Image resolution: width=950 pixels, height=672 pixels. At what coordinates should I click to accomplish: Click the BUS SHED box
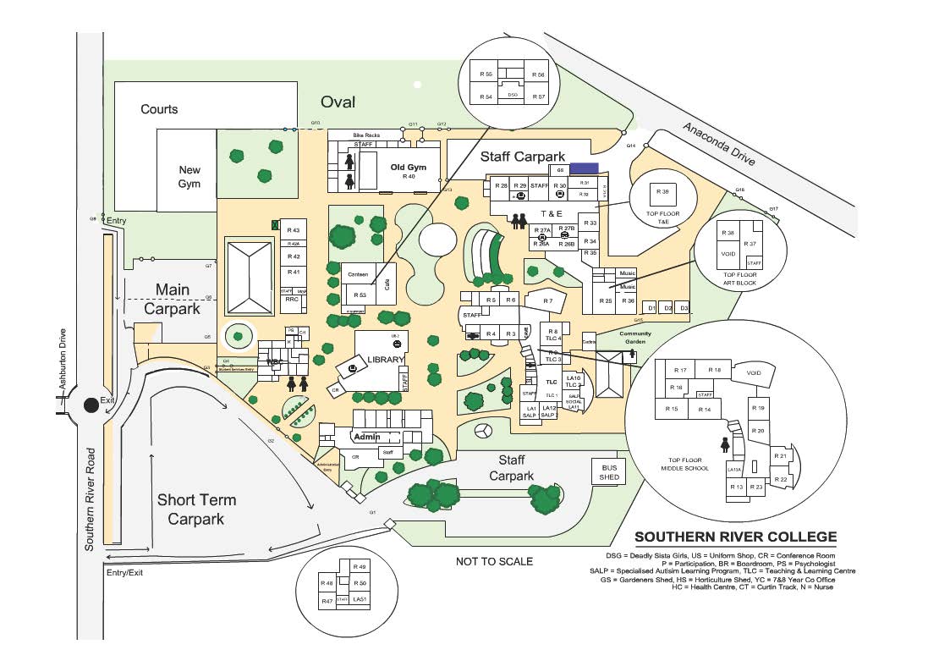[x=610, y=471]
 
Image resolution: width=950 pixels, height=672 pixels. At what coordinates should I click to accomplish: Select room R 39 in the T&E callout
[x=663, y=192]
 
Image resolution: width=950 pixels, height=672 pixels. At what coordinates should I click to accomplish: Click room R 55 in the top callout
[x=486, y=74]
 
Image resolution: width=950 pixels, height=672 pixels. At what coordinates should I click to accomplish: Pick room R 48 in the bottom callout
[x=327, y=583]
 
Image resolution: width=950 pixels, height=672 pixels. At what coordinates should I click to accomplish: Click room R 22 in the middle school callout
[x=782, y=479]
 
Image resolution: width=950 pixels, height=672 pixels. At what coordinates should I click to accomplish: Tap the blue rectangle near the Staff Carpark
[x=585, y=168]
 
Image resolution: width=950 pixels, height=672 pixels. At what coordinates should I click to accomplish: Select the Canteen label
[x=357, y=275]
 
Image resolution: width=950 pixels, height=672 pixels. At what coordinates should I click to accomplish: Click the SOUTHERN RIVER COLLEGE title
[x=735, y=537]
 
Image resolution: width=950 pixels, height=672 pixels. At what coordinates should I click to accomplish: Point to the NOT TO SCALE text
[x=495, y=560]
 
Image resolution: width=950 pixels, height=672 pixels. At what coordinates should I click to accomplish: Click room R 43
[x=294, y=230]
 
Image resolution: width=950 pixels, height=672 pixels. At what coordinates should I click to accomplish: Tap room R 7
[x=548, y=300]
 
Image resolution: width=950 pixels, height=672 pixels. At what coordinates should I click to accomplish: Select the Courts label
[x=159, y=109]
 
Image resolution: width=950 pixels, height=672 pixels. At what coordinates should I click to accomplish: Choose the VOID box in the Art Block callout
[x=727, y=252]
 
